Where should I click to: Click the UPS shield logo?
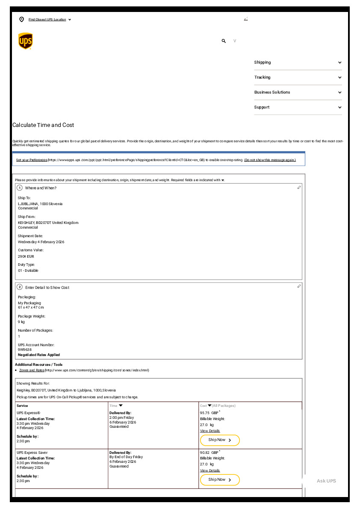(x=25, y=41)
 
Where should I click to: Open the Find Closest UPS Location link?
(x=47, y=20)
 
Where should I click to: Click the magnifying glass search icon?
(x=224, y=41)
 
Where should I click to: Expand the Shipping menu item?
(x=298, y=62)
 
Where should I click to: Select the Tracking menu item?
(x=298, y=77)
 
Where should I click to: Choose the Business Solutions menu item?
(x=298, y=92)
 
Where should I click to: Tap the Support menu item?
(x=298, y=107)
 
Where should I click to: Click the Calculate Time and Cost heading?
(x=43, y=125)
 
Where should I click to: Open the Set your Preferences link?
(x=32, y=160)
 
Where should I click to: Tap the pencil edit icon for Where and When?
(x=299, y=188)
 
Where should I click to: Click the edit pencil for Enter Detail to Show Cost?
(x=299, y=286)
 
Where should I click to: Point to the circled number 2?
(x=20, y=287)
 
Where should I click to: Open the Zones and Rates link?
(x=32, y=370)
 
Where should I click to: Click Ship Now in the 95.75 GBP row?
(x=220, y=440)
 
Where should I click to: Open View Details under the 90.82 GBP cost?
(x=210, y=471)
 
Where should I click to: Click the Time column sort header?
(x=116, y=406)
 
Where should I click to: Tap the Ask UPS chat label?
(x=326, y=481)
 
